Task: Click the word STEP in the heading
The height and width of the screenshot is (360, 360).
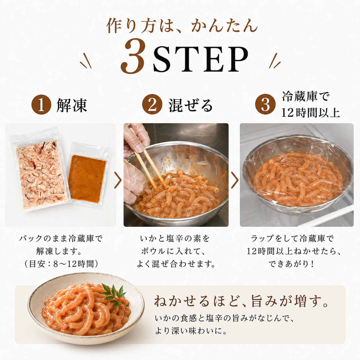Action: pos(201,59)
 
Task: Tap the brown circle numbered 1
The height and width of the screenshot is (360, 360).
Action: pos(41,104)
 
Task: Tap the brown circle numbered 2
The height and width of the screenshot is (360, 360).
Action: pos(152,104)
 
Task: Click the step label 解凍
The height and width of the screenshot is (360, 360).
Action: pos(72,105)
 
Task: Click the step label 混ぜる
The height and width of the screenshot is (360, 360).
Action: pos(191,105)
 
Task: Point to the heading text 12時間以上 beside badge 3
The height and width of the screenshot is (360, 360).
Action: pos(310,113)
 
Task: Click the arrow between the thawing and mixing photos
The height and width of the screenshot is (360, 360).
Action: pos(118,180)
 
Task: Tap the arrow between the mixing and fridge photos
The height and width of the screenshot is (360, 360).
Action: pos(235,180)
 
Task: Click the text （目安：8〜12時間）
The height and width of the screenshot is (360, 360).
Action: pos(61,264)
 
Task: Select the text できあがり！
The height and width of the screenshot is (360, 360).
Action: pos(292,264)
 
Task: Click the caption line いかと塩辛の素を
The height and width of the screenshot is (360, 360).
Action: pos(175,239)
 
